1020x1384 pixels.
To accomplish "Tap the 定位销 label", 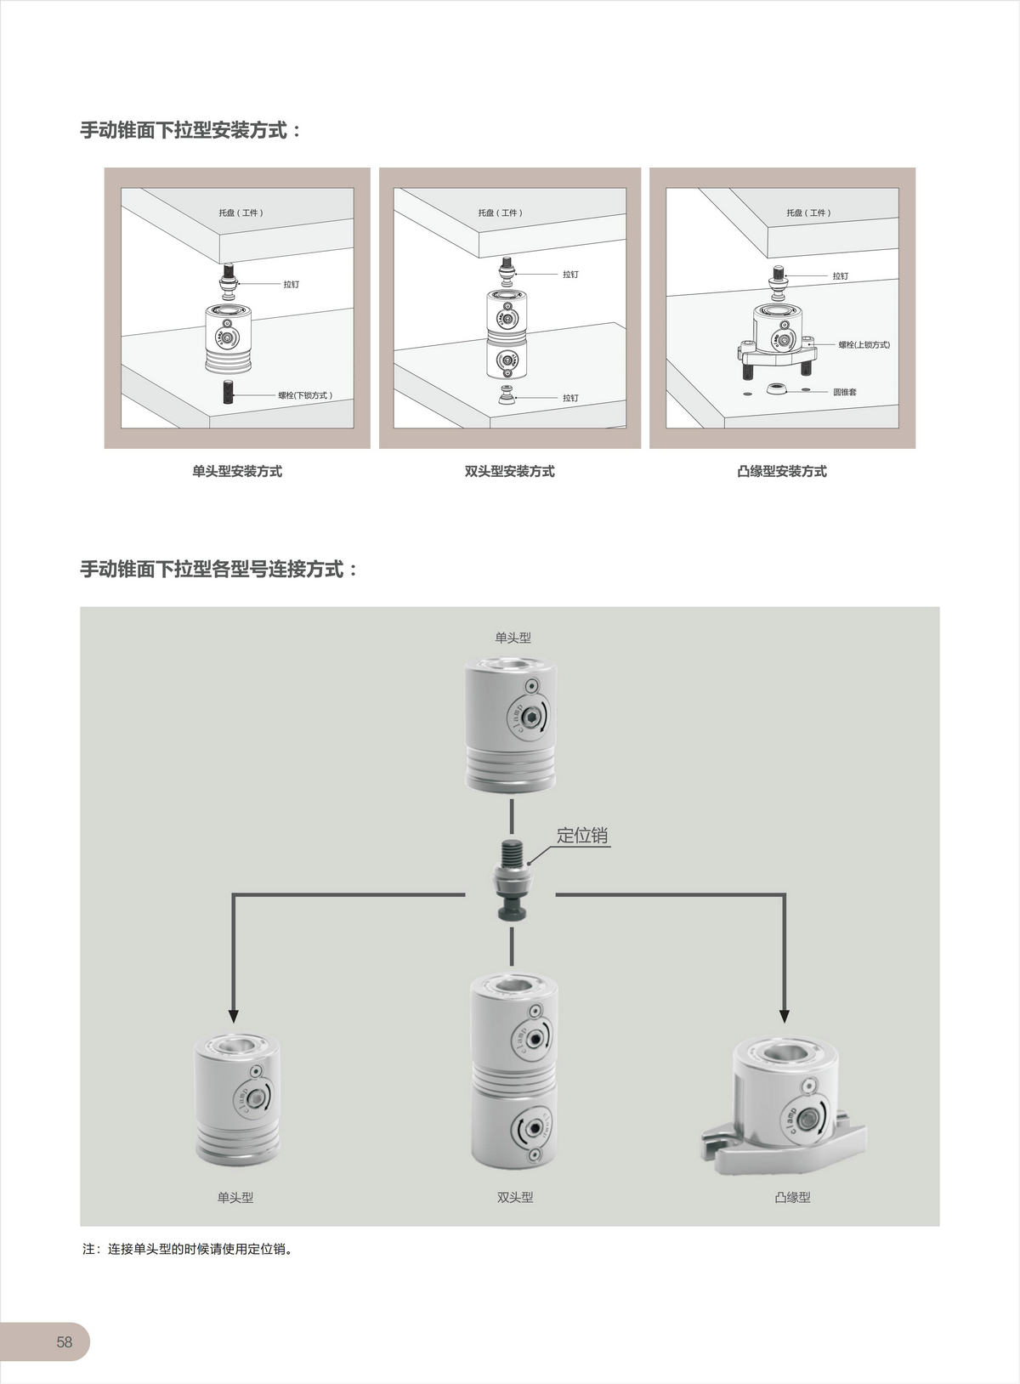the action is click(x=582, y=836).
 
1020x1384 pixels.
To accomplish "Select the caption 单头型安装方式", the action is click(x=237, y=472).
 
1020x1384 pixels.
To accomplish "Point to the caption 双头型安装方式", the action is click(x=510, y=472).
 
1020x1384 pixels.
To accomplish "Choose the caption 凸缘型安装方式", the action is click(x=782, y=472).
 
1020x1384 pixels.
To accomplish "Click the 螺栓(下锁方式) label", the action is click(x=305, y=395).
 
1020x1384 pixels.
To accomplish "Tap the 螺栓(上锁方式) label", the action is click(x=864, y=345).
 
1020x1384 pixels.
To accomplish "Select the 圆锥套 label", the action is click(x=845, y=392).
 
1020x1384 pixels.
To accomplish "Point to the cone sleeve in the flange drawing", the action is click(x=774, y=389).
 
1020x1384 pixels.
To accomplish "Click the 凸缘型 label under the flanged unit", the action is click(x=793, y=1198).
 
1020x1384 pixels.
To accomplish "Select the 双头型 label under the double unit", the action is click(x=515, y=1198).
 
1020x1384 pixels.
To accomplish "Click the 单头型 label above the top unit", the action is click(x=513, y=638).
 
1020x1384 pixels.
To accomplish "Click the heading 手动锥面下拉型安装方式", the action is click(x=191, y=130).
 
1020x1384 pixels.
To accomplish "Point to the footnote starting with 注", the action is click(x=187, y=1250).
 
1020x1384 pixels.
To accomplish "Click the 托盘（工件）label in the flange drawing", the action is click(x=808, y=213).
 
